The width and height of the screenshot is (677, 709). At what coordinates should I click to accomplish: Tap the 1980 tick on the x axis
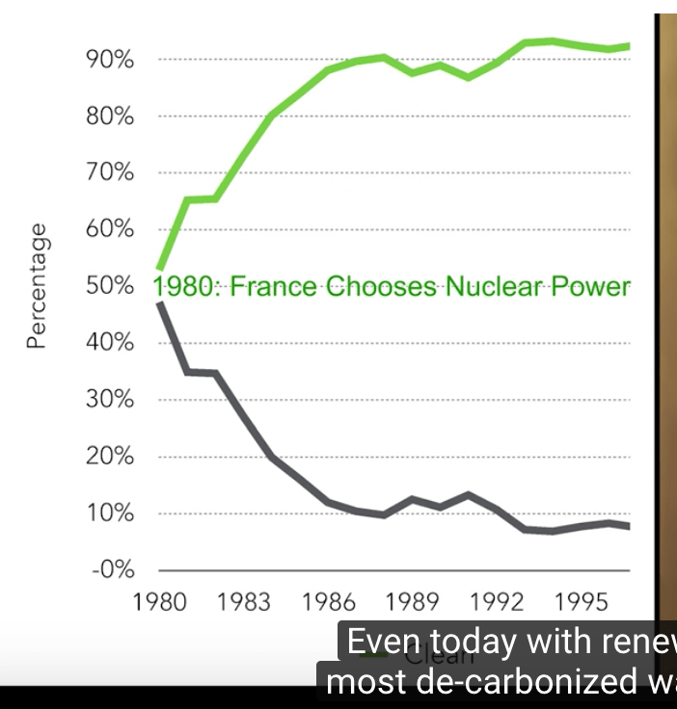coord(159,604)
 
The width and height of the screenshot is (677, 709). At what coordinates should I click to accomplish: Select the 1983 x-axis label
coord(244,604)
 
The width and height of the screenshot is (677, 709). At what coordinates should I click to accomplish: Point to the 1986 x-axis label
coord(329,604)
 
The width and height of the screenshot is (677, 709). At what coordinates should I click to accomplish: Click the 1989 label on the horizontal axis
coord(413,604)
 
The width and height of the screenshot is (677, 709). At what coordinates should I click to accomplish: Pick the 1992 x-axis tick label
coord(498,604)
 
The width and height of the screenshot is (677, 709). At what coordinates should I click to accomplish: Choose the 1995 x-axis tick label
coord(582,604)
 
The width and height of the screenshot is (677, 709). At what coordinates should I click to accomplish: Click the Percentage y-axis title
coord(37,285)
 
